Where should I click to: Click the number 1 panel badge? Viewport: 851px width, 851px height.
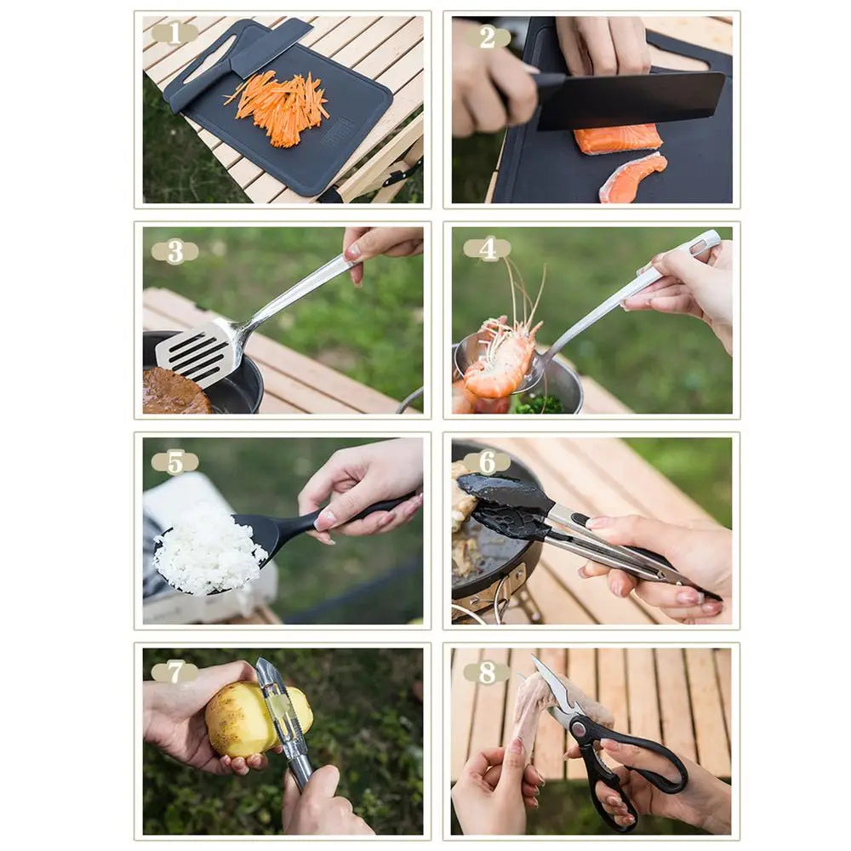tap(174, 33)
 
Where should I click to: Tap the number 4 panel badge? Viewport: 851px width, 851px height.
tap(487, 248)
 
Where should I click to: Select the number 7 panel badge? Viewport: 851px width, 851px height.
tap(174, 671)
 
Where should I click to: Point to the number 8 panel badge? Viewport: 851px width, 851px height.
tap(487, 672)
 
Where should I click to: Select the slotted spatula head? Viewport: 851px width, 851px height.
tap(194, 351)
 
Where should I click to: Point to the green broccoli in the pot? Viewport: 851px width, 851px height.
tap(538, 405)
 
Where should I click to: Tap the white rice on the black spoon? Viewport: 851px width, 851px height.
tap(208, 549)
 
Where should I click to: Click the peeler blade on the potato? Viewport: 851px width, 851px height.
tap(281, 711)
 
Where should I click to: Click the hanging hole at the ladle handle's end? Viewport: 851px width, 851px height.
tap(700, 247)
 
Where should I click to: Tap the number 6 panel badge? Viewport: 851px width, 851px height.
tap(487, 462)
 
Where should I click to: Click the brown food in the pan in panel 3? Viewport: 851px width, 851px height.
tap(174, 393)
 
